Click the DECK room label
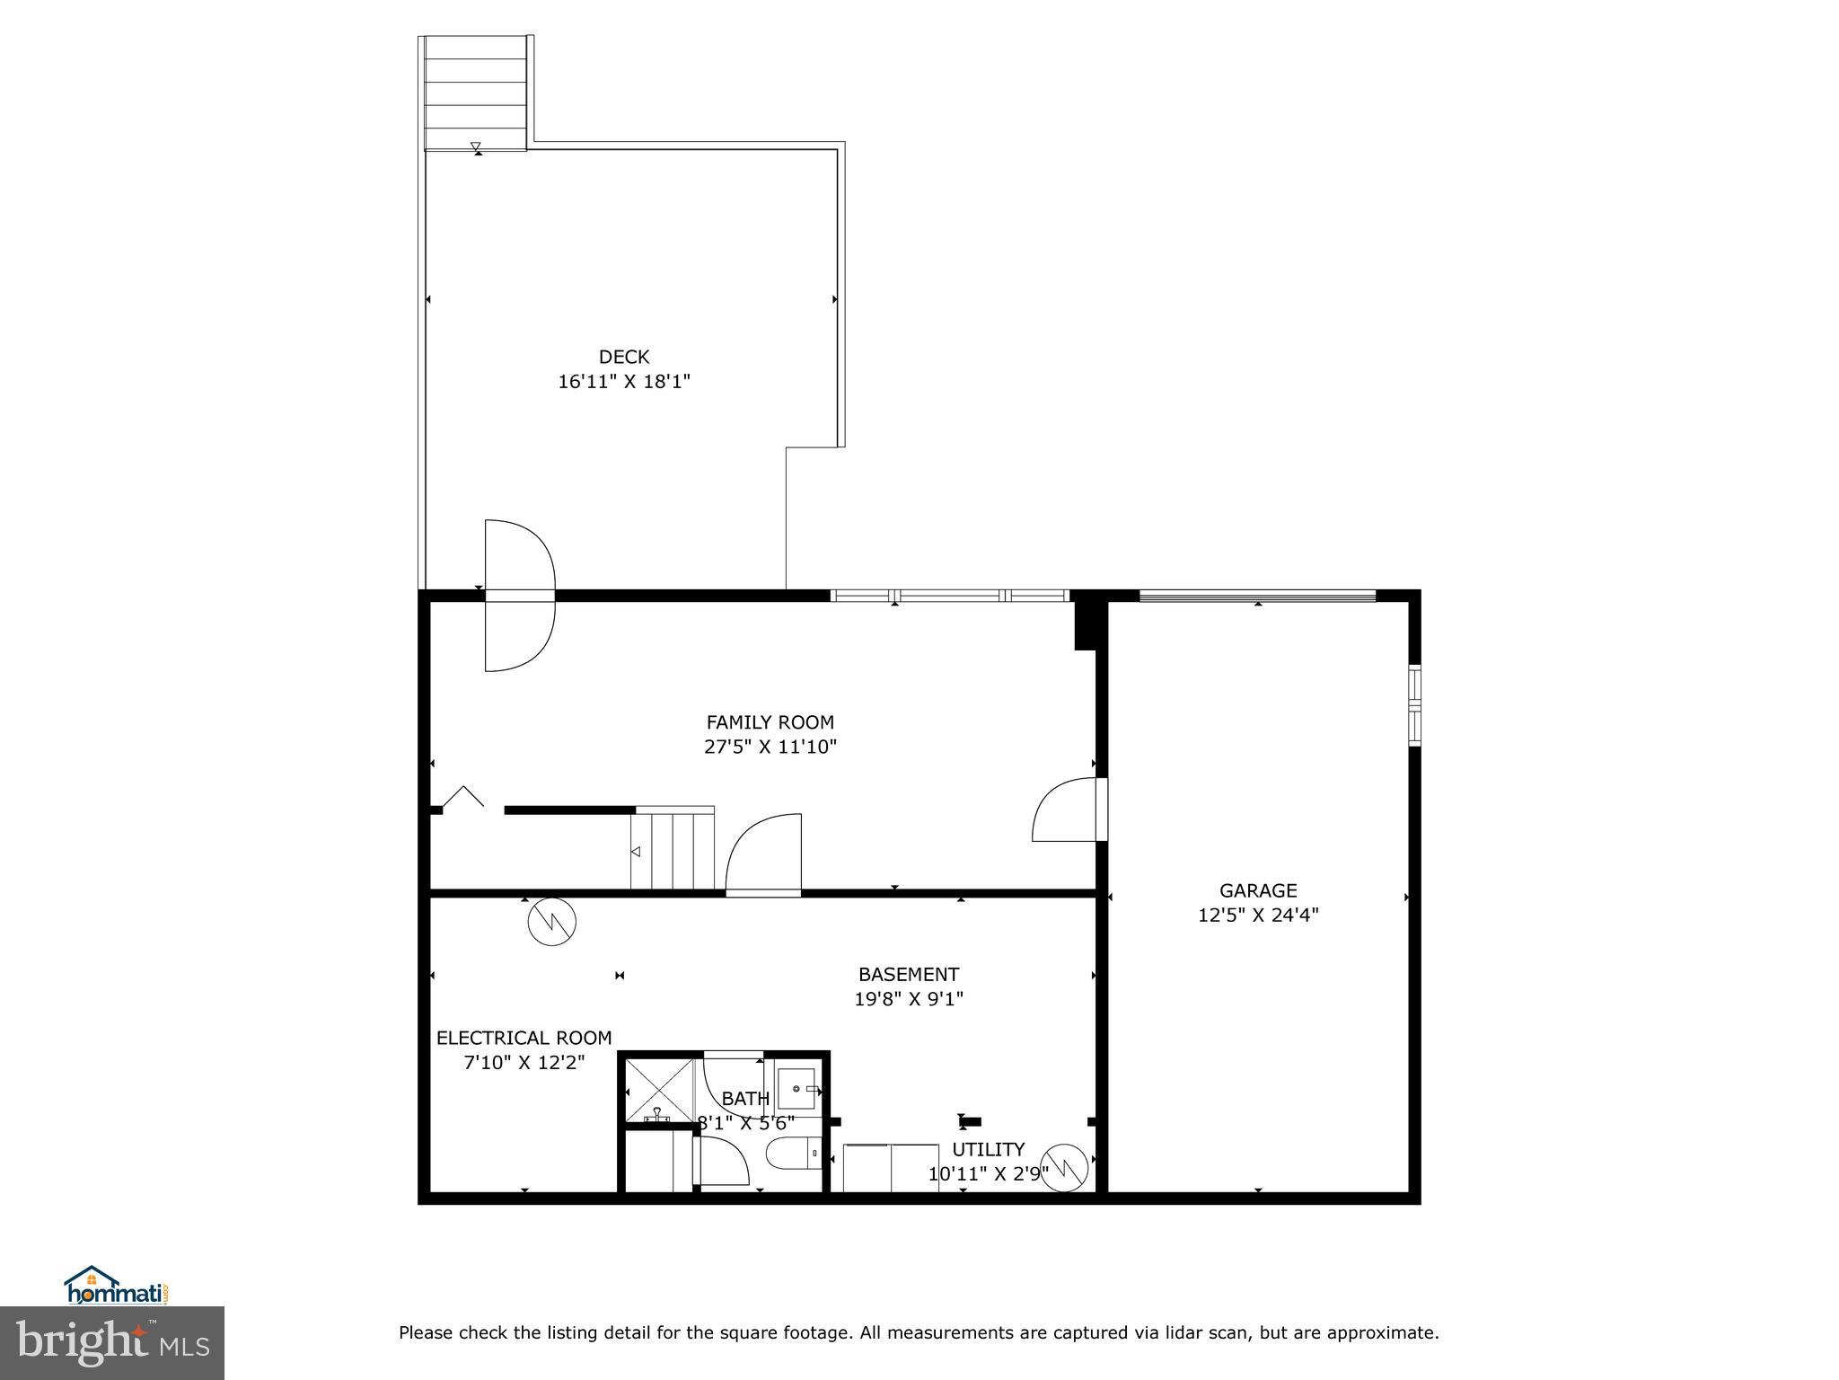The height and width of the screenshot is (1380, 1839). (x=623, y=357)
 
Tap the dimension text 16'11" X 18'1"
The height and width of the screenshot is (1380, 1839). (x=623, y=382)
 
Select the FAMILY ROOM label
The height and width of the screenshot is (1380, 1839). (x=770, y=722)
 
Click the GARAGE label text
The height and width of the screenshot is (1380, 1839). (x=1257, y=890)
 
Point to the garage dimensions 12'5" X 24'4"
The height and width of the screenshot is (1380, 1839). (x=1257, y=916)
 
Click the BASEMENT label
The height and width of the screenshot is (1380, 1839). (x=908, y=974)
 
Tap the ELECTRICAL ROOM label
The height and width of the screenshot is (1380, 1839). (x=524, y=1039)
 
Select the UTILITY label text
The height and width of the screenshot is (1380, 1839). (x=988, y=1150)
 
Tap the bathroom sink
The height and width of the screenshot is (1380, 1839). (x=797, y=1088)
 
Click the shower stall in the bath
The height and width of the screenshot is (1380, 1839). (x=658, y=1090)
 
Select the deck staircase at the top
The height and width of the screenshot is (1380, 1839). (x=475, y=93)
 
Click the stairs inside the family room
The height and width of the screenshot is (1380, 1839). (x=673, y=850)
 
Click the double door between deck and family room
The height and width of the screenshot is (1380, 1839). (x=520, y=595)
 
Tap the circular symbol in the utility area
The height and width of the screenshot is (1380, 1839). (x=1067, y=1167)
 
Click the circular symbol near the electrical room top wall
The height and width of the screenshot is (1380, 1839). (x=551, y=921)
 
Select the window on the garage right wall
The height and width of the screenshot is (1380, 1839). (x=1414, y=705)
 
